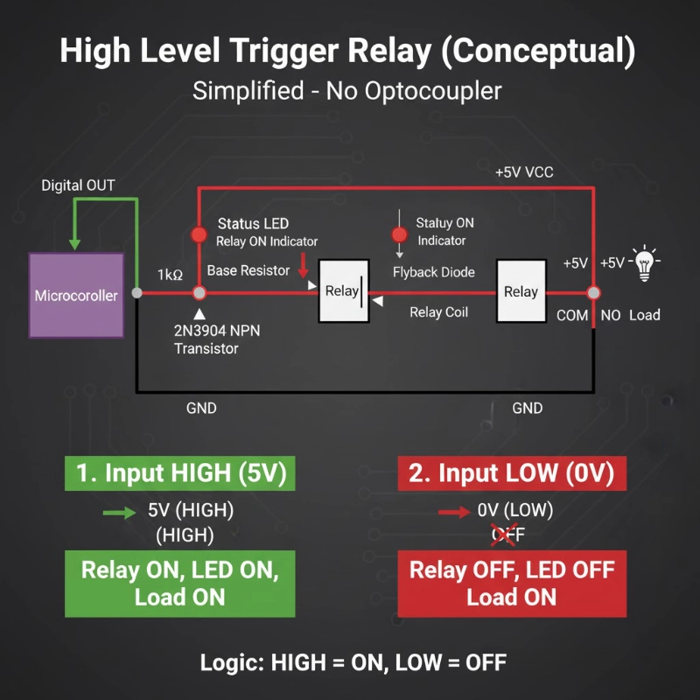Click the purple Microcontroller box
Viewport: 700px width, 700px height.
pos(75,296)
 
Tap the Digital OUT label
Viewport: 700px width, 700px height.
pos(78,185)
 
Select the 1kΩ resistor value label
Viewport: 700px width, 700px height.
pos(170,275)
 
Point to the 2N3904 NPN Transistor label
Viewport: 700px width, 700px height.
pos(218,339)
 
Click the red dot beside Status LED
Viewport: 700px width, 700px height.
pos(199,234)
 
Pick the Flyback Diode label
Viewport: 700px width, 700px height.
pos(434,272)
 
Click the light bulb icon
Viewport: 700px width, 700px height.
pos(646,262)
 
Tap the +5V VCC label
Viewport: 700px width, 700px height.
pos(524,172)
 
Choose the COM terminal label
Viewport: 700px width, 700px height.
pos(572,315)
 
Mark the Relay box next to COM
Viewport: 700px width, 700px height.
pos(521,291)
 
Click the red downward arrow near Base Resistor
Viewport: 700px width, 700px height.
pos(304,262)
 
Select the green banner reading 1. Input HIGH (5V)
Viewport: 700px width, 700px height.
pos(179,473)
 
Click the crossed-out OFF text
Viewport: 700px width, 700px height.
pos(508,533)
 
